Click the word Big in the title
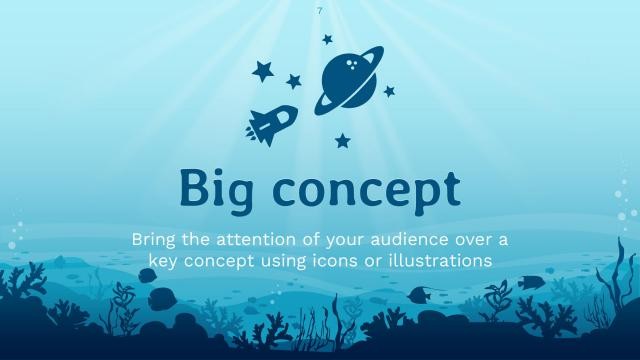pos(219,188)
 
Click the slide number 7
pos(319,10)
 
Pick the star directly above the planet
pos(327,39)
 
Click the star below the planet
pos(342,140)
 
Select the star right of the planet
pos(389,91)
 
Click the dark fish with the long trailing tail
pos(421,295)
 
